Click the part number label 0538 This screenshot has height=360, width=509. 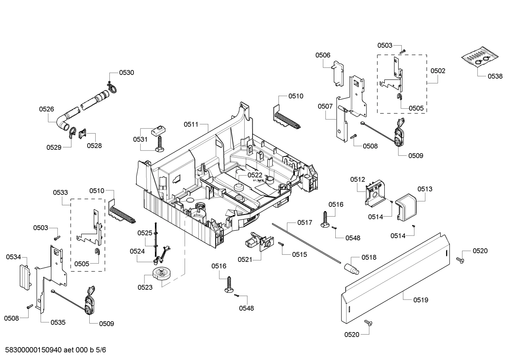pos(495,76)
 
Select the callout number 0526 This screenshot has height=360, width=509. pos(47,109)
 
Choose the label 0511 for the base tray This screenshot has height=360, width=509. pos(191,124)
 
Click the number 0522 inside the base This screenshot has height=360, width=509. pos(254,175)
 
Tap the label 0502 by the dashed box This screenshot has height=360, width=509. pos(438,71)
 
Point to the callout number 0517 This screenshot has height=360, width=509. pos(304,223)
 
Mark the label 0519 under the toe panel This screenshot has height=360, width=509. pos(421,300)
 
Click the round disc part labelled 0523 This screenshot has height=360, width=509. pos(162,275)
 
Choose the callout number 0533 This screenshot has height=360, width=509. pos(60,193)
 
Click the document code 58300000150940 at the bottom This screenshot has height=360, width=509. pos(34,350)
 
